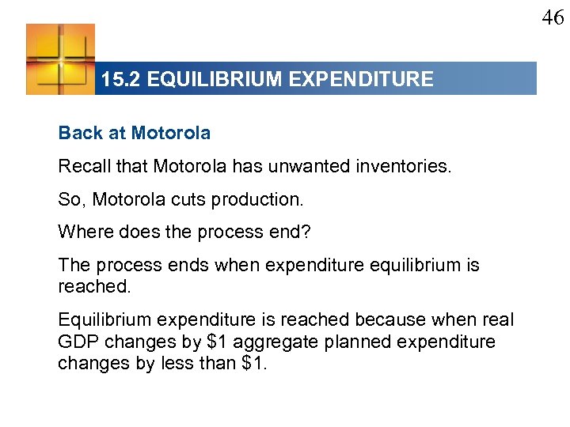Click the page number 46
click(x=553, y=17)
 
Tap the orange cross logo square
click(x=60, y=59)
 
